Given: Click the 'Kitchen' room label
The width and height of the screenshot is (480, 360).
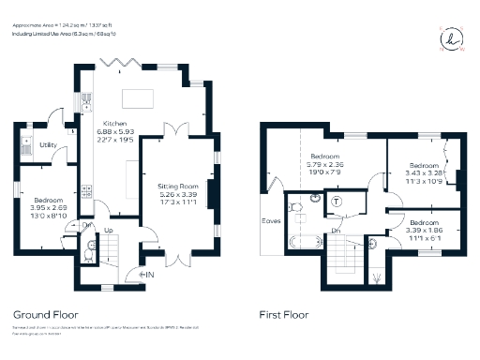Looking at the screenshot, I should coord(114,122).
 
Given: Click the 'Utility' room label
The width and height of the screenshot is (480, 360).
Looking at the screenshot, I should coord(48,144).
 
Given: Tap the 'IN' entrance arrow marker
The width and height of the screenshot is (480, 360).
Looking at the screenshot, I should coord(147,274).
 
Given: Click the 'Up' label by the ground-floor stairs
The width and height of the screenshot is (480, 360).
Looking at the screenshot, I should coord(108,230).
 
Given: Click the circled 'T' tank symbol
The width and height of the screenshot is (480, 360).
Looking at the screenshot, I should coord(337,200).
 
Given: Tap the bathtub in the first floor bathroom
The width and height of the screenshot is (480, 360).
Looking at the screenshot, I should coord(303,243).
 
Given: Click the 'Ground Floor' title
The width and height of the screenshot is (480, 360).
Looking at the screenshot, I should coord(46,315).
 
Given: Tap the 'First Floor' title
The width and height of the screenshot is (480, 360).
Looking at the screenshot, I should coord(284,315).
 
